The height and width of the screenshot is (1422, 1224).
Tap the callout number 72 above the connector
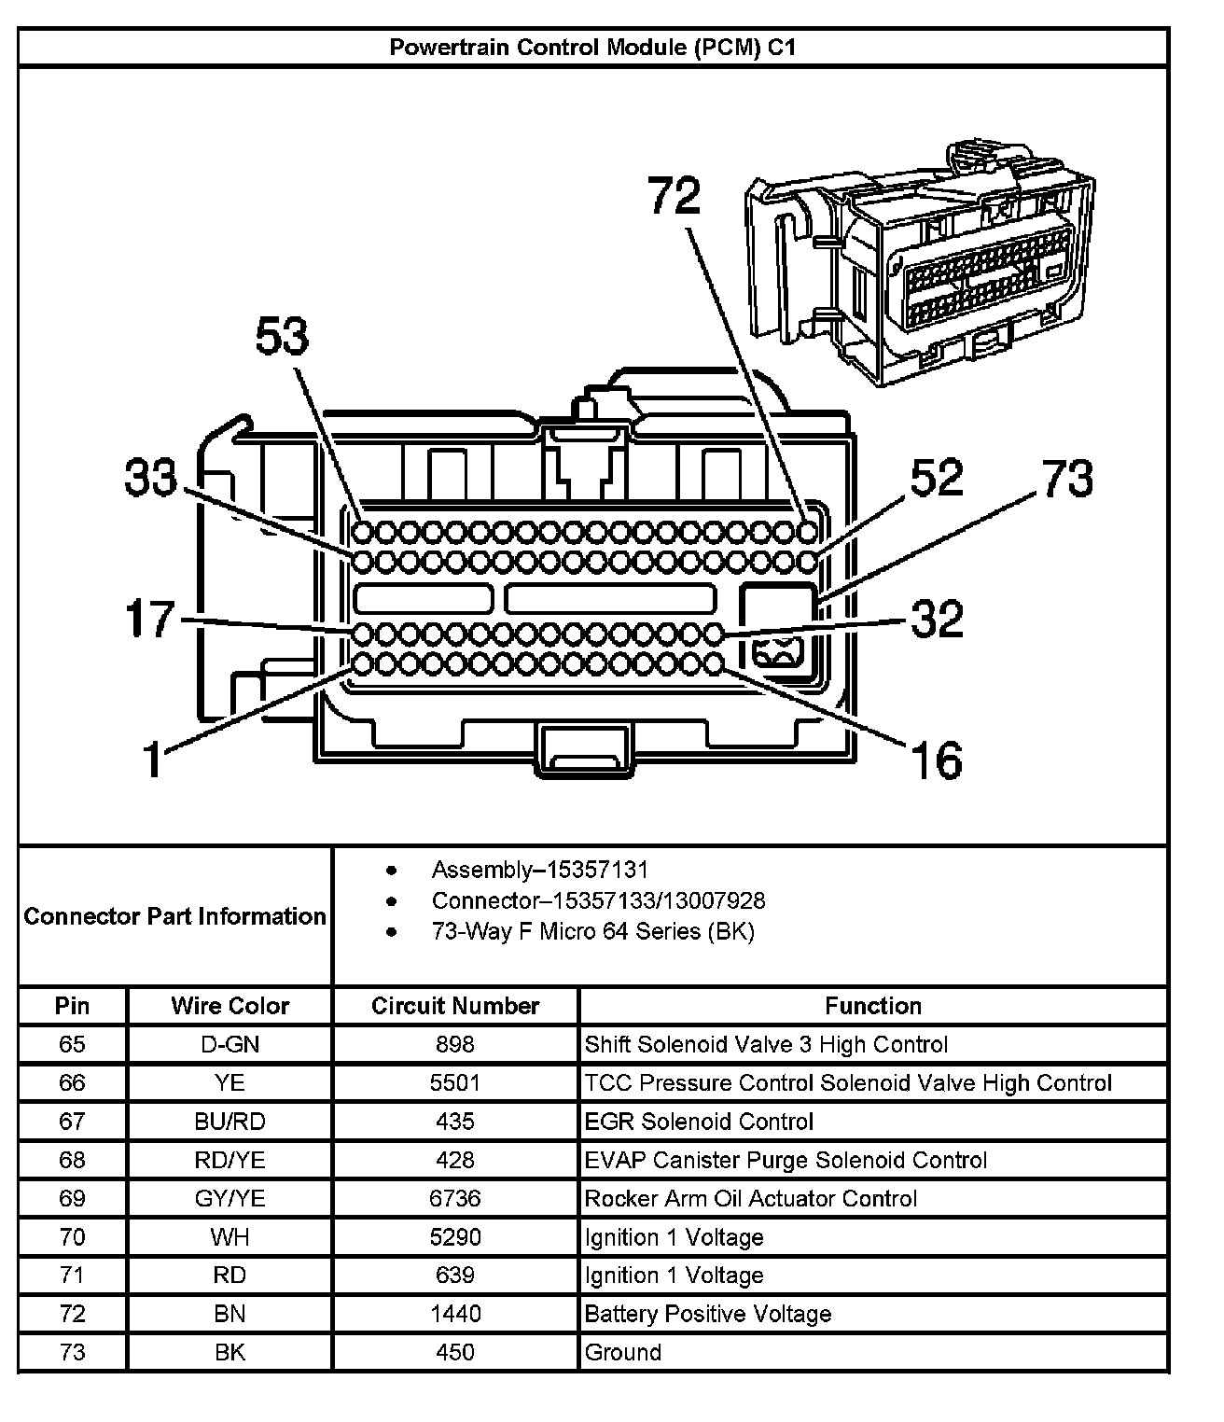point(674,197)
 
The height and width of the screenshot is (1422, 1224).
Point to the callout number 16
point(936,760)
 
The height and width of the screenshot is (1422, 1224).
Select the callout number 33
point(151,480)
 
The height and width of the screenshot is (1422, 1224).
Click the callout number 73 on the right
point(1068,480)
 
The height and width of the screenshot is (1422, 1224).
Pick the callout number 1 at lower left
point(152,760)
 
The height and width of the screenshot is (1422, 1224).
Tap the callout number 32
point(936,619)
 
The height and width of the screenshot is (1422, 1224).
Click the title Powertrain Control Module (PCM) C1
point(592,48)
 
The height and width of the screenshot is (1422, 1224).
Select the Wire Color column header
point(229,1006)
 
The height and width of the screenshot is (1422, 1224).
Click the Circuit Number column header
point(455,1006)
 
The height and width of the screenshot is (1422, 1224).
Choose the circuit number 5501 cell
point(455,1082)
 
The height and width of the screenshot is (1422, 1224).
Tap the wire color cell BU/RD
point(229,1122)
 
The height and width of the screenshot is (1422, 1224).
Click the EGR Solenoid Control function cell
point(699,1122)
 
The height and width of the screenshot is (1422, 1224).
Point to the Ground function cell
point(623,1352)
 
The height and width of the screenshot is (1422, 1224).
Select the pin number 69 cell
point(72,1198)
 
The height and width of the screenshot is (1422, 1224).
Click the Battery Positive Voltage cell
point(707,1314)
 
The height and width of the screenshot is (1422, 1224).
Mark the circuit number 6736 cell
point(455,1198)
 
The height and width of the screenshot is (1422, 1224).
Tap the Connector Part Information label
point(175,916)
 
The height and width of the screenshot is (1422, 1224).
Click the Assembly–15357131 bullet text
point(539,871)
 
